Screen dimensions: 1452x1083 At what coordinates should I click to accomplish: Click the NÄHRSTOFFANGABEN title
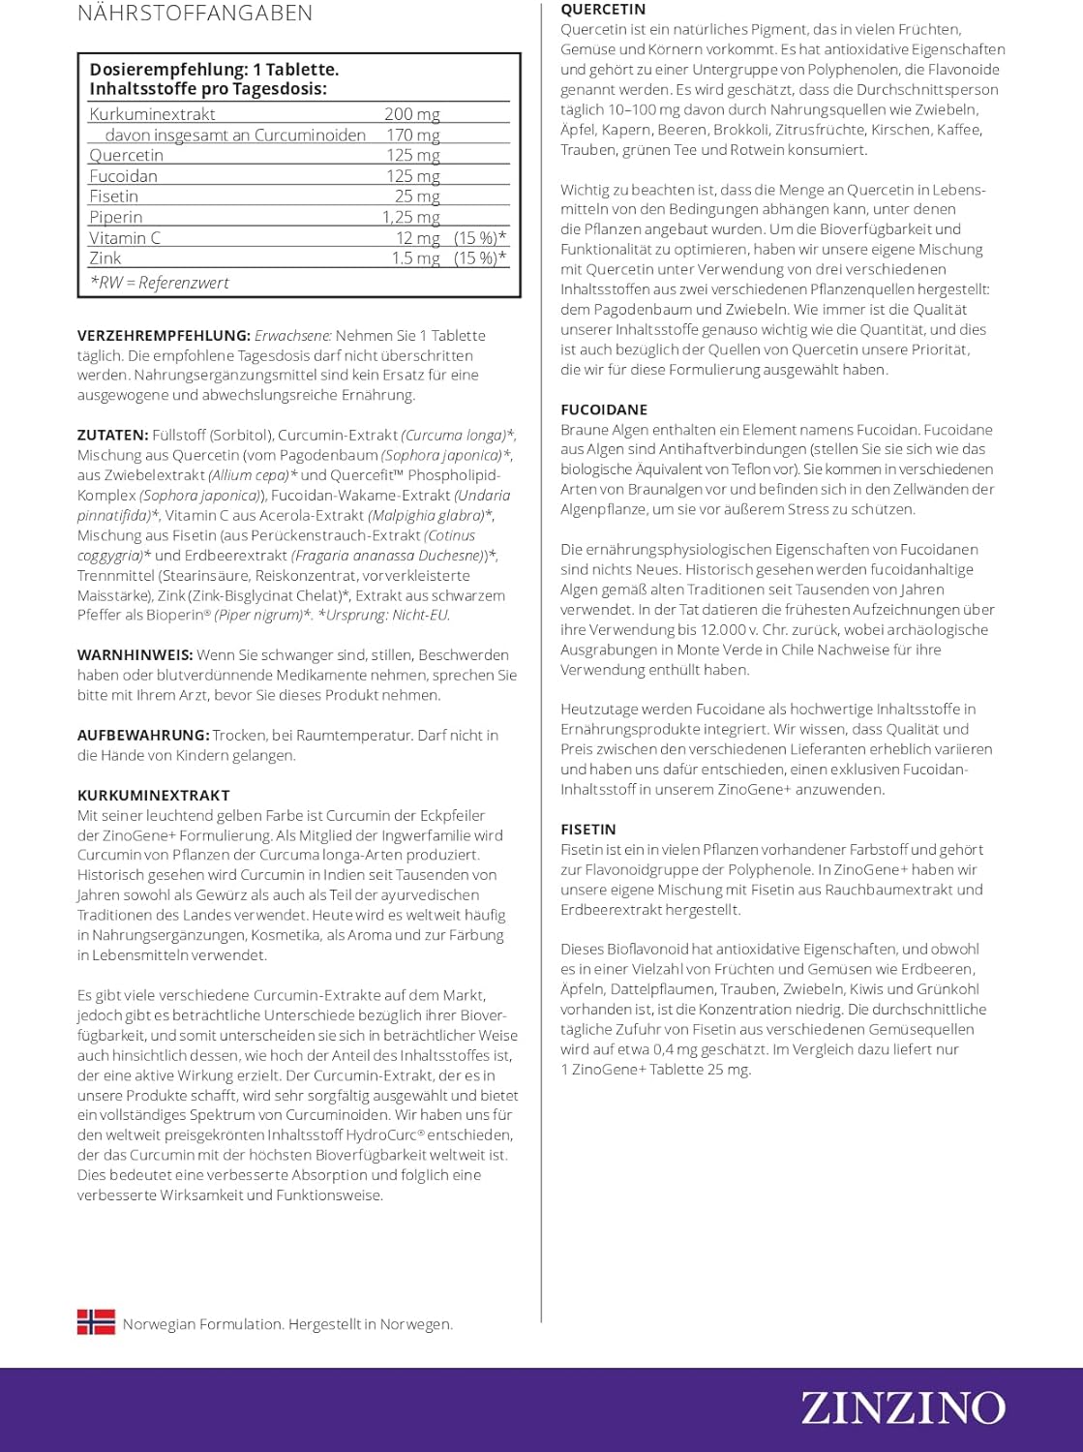coord(195,14)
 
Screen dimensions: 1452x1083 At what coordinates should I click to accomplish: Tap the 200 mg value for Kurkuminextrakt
coord(411,114)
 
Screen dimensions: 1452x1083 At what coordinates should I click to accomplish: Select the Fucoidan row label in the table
coord(123,176)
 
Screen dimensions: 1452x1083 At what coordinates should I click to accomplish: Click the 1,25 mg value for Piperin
coord(410,217)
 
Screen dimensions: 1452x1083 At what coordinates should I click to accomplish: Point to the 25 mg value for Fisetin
coord(416,197)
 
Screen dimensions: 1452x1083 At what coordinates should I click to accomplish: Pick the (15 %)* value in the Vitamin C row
coord(479,238)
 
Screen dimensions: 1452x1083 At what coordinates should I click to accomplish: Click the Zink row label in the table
coord(105,258)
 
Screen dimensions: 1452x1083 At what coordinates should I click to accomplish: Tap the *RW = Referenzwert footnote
coord(160,283)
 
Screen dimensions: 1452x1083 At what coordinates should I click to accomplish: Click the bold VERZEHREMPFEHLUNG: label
coord(164,336)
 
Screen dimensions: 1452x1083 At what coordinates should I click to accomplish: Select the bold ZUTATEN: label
coord(112,436)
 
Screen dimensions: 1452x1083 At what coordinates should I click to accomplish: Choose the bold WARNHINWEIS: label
coord(135,655)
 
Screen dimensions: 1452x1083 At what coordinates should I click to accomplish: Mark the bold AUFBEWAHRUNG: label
coord(143,736)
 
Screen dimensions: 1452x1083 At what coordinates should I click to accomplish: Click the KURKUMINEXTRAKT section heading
coord(154,796)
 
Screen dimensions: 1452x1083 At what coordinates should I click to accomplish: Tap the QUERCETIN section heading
coord(603,10)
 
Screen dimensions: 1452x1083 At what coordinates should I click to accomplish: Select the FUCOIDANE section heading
coord(604,409)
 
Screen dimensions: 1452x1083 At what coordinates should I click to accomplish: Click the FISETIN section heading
coord(588,830)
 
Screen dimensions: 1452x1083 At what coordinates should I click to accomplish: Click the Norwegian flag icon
coord(96,1322)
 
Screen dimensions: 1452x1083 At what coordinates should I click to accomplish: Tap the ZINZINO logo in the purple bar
coord(902,1408)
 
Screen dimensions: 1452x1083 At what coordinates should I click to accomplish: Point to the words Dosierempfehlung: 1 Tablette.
coord(214,70)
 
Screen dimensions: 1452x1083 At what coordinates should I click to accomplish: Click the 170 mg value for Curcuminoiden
coord(412,136)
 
